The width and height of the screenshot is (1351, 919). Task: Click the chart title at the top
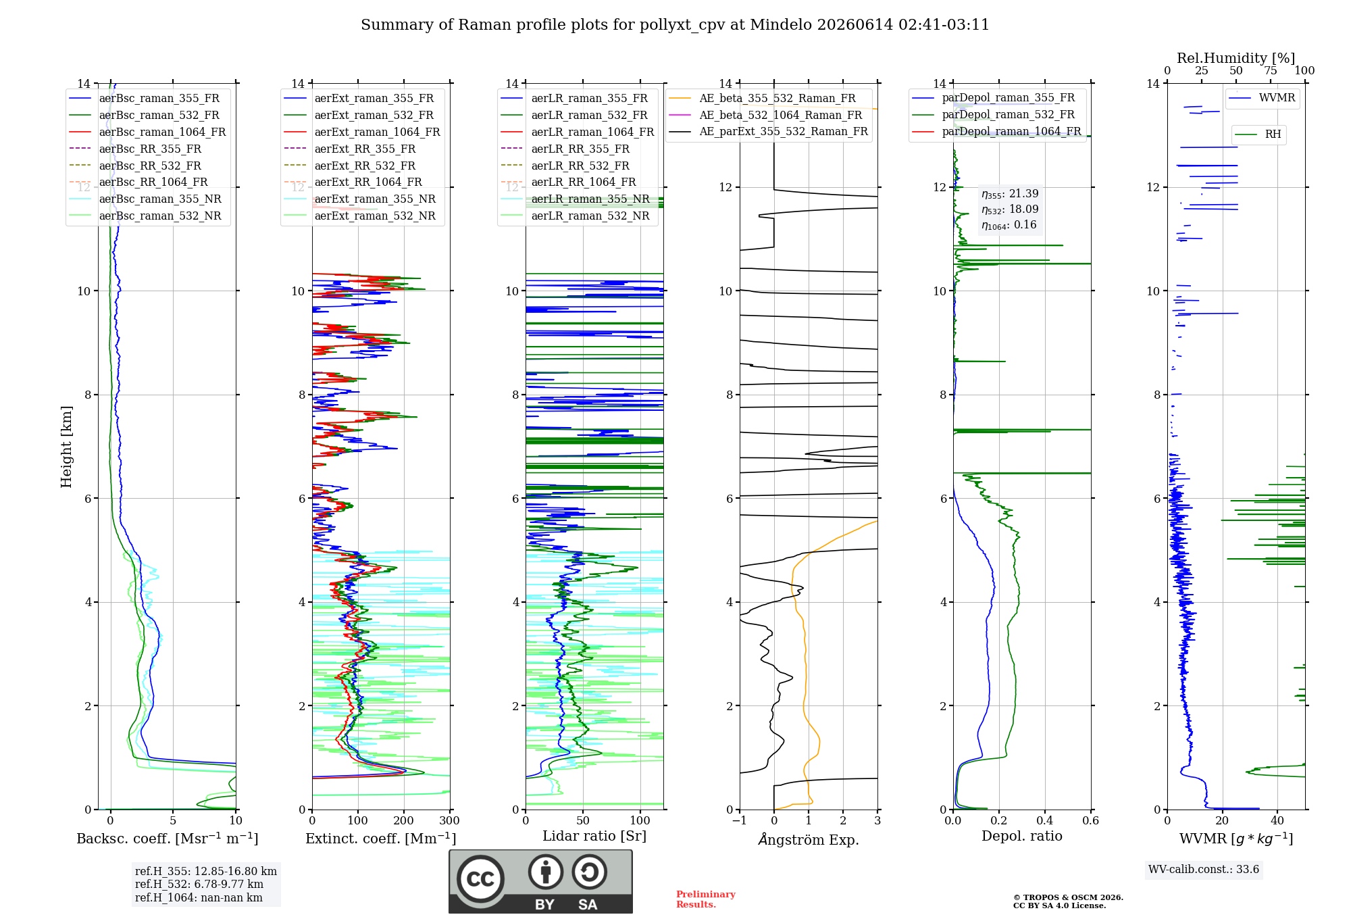click(675, 25)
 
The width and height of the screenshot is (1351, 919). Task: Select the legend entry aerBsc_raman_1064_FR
click(162, 132)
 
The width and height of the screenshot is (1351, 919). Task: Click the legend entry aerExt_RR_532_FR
click(365, 166)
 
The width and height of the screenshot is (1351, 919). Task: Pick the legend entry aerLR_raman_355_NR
click(590, 199)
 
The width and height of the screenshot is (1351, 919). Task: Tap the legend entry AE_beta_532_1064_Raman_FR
click(781, 115)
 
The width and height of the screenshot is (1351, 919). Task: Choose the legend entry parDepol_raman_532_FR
click(1009, 115)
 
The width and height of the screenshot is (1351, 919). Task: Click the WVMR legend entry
click(1277, 98)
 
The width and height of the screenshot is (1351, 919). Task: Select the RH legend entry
click(1273, 134)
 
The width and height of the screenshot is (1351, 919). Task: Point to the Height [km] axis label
click(66, 447)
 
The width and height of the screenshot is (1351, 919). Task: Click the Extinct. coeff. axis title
click(381, 839)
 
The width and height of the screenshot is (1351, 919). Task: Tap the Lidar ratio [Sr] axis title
click(594, 836)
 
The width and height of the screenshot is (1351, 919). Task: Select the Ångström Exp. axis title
click(809, 839)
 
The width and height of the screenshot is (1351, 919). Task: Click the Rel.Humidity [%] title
click(1235, 58)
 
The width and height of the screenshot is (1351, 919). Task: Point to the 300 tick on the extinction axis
click(450, 820)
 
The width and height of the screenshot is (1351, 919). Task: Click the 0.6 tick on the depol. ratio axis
click(1091, 820)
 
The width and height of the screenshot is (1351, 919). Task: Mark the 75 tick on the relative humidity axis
click(1271, 70)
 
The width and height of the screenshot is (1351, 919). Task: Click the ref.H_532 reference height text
click(199, 884)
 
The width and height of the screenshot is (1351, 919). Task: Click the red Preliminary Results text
click(706, 899)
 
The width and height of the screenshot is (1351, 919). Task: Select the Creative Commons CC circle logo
click(480, 878)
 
